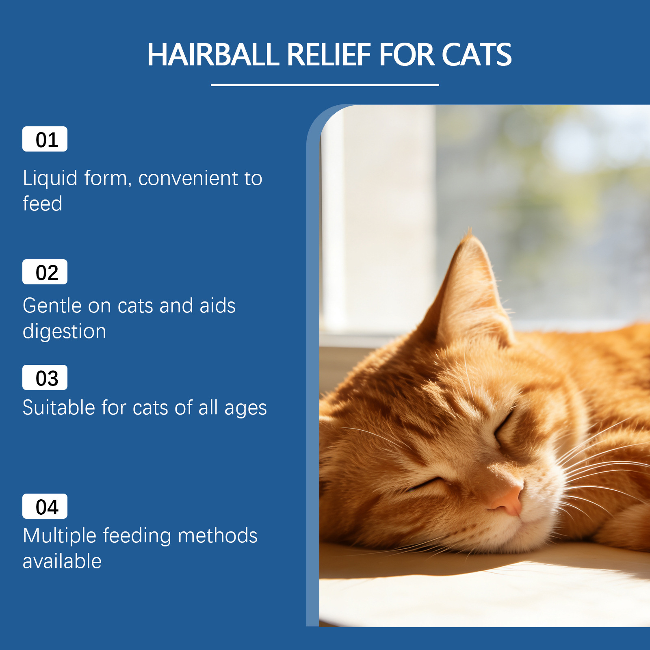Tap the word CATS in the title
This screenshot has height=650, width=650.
click(477, 54)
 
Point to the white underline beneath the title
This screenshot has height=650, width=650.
click(325, 85)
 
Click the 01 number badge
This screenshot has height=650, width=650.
click(45, 139)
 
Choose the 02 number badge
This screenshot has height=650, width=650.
click(45, 272)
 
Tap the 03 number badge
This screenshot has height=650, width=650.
click(45, 377)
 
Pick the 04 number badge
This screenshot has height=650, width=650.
click(45, 506)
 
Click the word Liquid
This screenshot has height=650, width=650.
click(50, 179)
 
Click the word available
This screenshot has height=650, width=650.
click(62, 561)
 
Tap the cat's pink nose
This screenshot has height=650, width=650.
click(508, 499)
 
